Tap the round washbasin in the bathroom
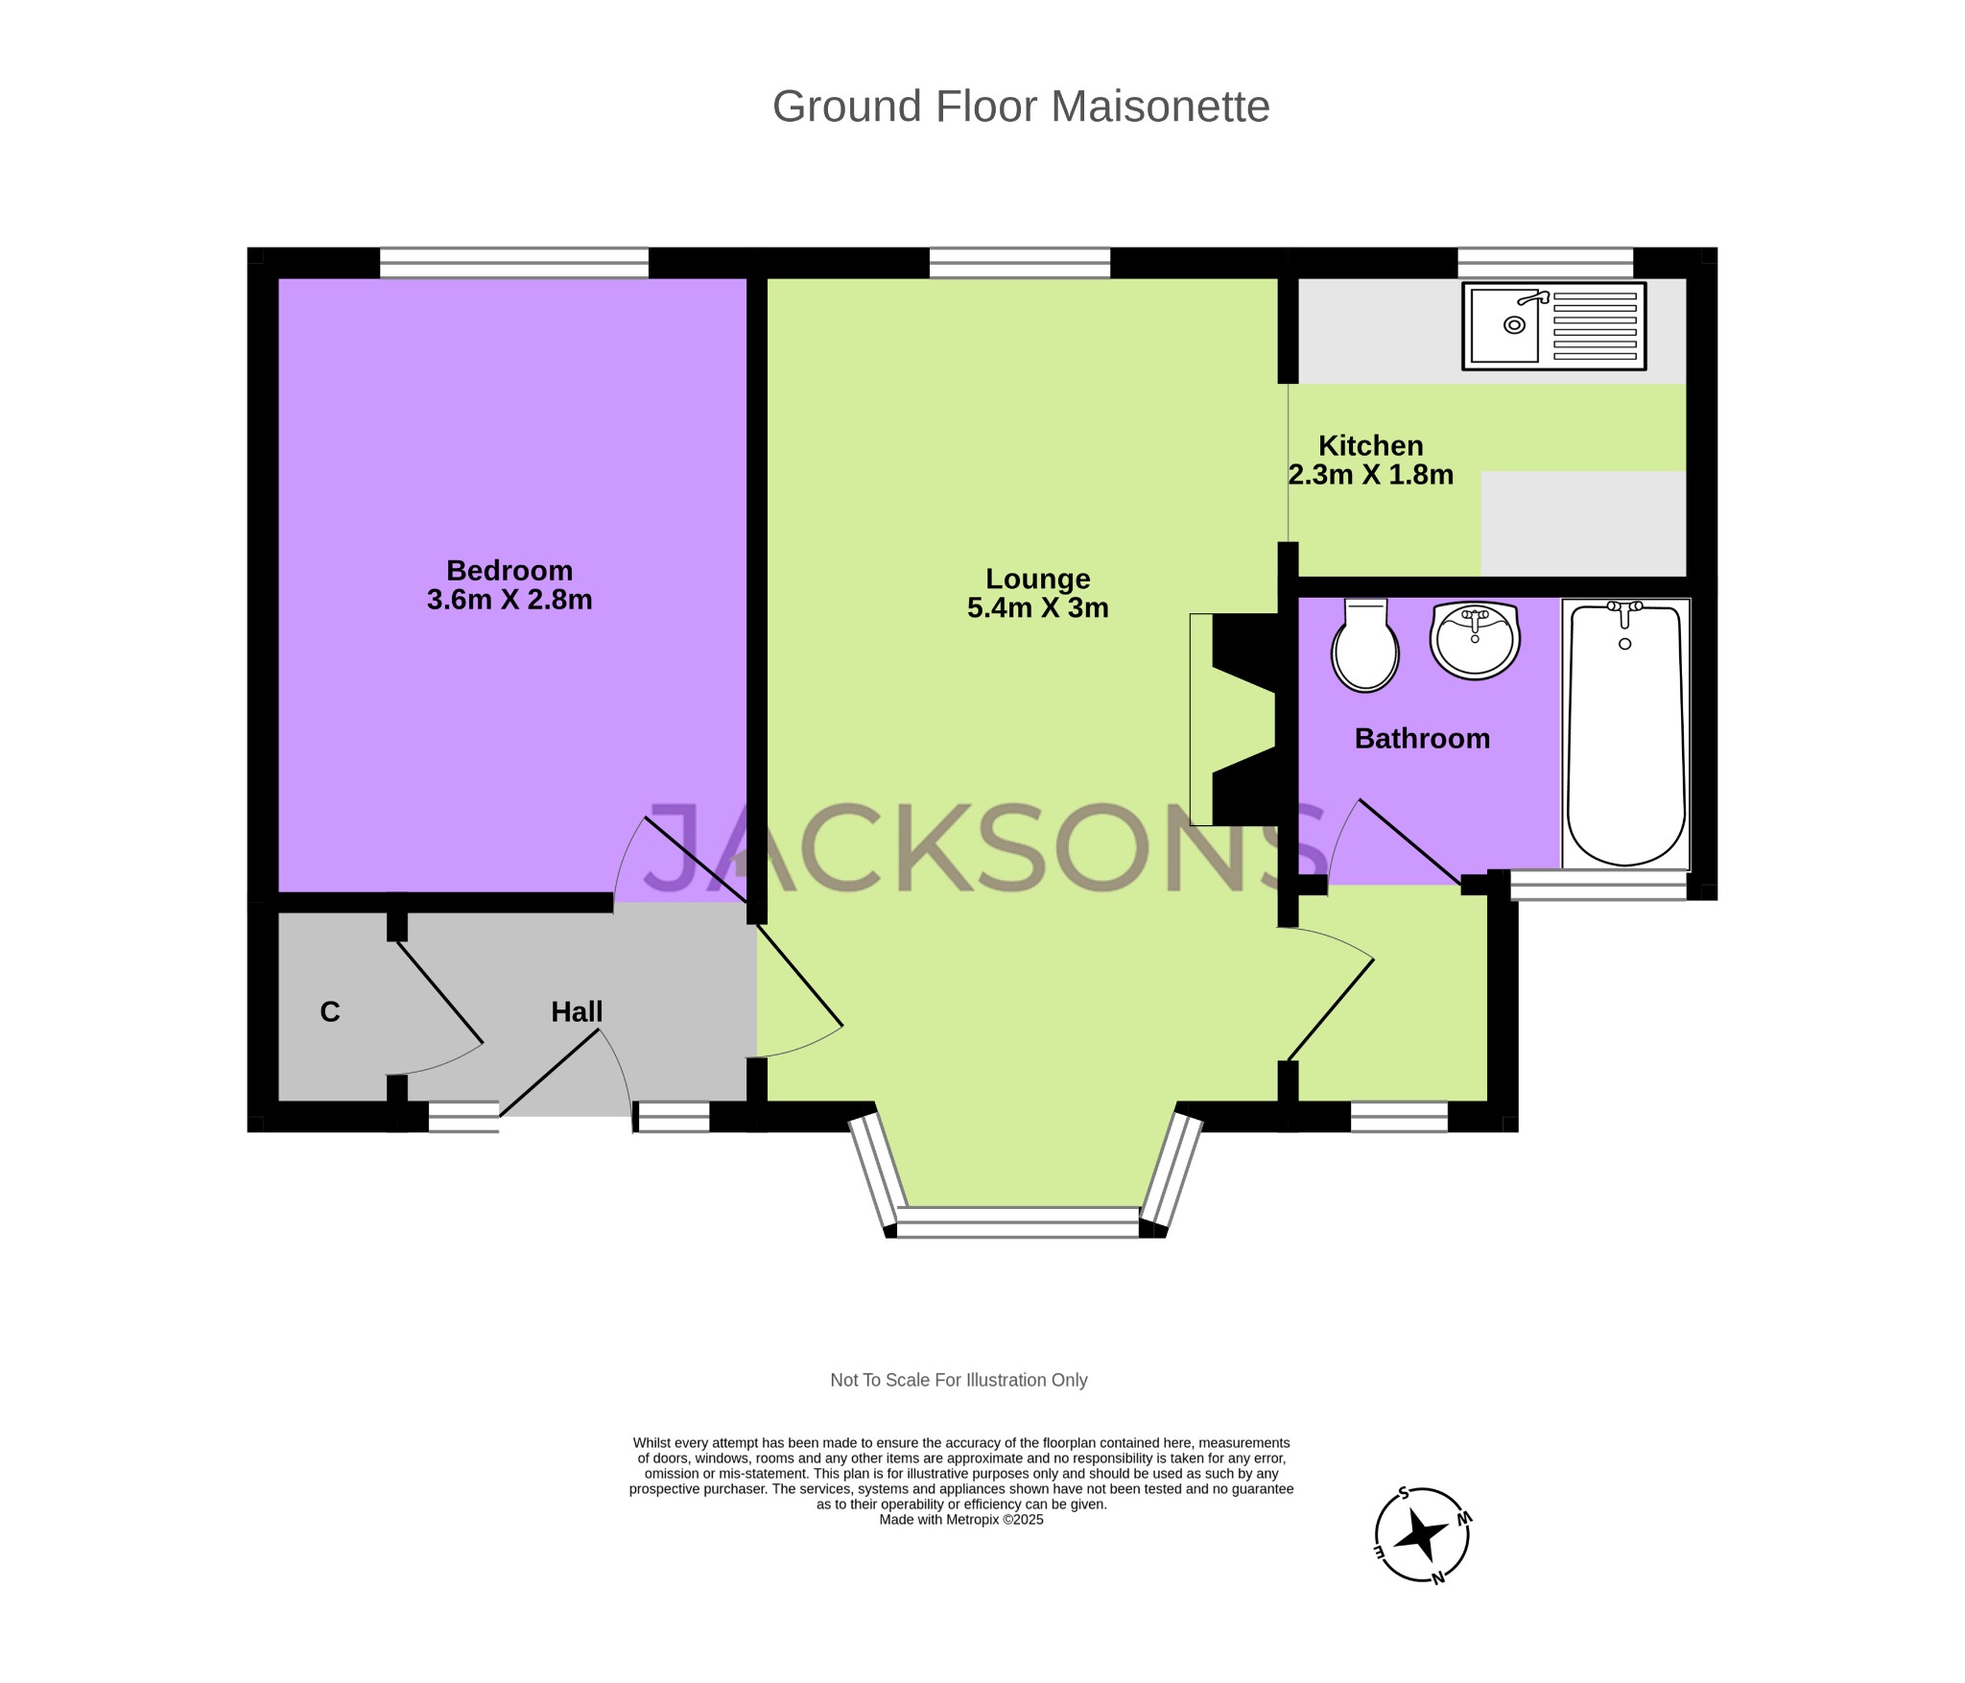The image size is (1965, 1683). pyautogui.click(x=1475, y=640)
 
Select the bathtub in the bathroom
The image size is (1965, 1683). pyautogui.click(x=1625, y=734)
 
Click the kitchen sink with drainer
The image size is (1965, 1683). pyautogui.click(x=1553, y=326)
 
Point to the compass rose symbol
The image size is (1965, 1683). pyautogui.click(x=1422, y=1534)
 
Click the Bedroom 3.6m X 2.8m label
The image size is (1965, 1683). pyautogui.click(x=509, y=585)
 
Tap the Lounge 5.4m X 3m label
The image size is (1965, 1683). pyautogui.click(x=1037, y=593)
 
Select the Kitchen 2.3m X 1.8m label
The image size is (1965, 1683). pyautogui.click(x=1370, y=460)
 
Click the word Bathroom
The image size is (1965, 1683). pyautogui.click(x=1422, y=738)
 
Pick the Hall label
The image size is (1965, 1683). pyautogui.click(x=577, y=1011)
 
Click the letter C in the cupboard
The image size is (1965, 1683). pyautogui.click(x=330, y=1011)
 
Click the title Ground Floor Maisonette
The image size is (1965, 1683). pyautogui.click(x=1021, y=107)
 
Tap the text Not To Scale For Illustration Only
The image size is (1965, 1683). pyautogui.click(x=959, y=1380)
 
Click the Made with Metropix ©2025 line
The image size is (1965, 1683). pyautogui.click(x=960, y=1519)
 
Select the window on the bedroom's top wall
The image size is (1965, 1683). pyautogui.click(x=514, y=262)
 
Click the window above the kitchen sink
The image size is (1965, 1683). pyautogui.click(x=1545, y=262)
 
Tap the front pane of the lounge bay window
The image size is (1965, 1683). pyautogui.click(x=1018, y=1221)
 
